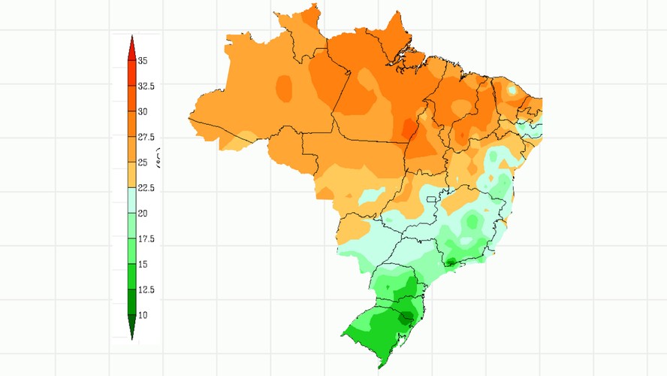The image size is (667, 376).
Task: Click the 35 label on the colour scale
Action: point(142,61)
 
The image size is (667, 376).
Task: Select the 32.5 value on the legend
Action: point(146,86)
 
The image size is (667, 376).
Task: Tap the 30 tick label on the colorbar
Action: point(142,112)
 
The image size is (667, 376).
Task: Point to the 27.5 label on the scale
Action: point(146,138)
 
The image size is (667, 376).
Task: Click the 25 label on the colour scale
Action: point(142,162)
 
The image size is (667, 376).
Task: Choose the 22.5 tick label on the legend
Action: point(146,188)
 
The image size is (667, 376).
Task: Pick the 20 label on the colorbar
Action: point(142,214)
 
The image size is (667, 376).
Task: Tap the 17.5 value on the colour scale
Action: point(146,239)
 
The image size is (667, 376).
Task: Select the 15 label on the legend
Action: point(142,265)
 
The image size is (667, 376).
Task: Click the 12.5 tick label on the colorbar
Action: point(146,290)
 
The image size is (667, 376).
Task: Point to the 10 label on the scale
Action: point(142,316)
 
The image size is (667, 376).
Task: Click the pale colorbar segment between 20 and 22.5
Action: point(132,201)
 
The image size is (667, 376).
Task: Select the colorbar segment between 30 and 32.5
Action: point(132,99)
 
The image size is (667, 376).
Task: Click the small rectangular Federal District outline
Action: point(431,200)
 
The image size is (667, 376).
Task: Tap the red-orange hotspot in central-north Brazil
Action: point(409,129)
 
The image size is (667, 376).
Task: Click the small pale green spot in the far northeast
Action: point(512,89)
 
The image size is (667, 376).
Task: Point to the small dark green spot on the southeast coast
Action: point(451,261)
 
